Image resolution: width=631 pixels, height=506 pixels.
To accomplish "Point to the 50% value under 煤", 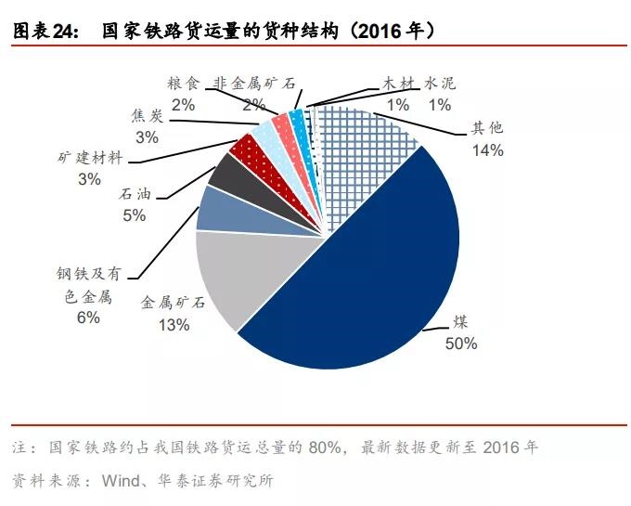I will pos(460,343).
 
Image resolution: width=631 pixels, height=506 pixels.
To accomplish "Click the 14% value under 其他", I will pos(487,149).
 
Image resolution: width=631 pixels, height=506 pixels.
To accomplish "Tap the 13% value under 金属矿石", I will pos(174,325).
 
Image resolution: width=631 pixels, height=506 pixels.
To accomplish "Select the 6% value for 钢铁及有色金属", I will pos(88,318).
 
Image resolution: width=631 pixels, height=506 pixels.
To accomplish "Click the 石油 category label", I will pos(134,195).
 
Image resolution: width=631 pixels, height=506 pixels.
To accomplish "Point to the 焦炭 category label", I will pos(147,117).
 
